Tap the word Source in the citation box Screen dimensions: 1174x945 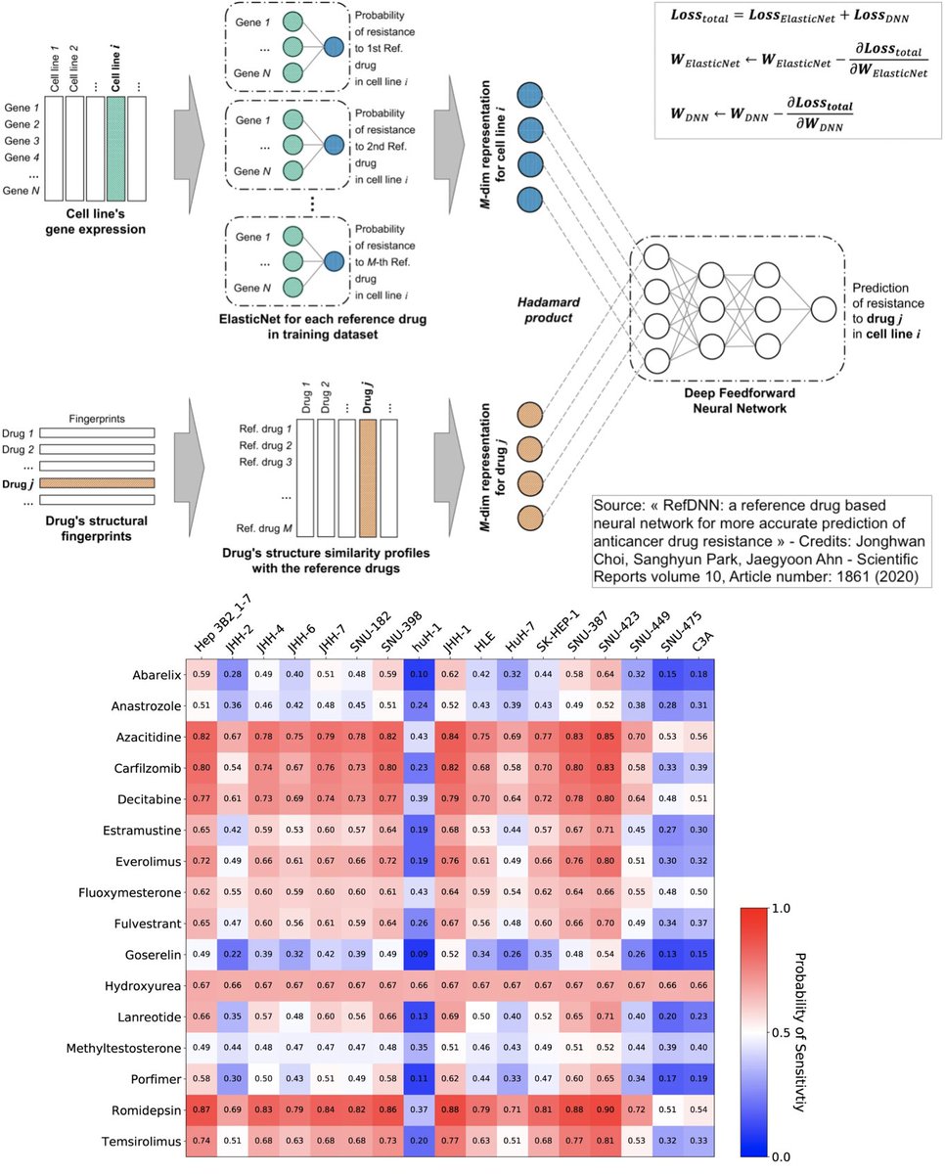click(x=619, y=507)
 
